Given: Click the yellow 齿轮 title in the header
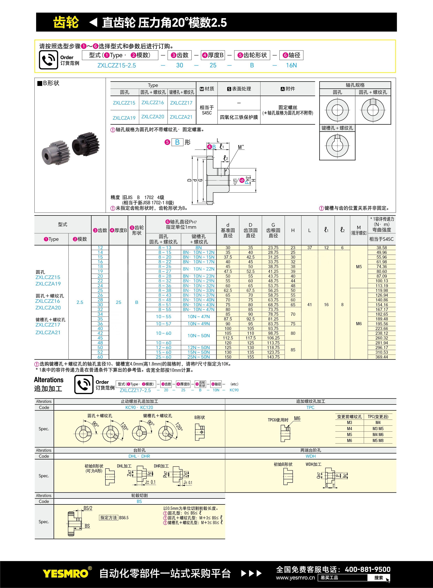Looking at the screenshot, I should coord(66,22).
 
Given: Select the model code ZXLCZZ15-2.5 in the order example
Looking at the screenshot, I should coord(117,65).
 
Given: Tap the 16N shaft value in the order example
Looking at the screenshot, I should coord(291,65).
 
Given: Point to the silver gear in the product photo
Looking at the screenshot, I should coord(56,153).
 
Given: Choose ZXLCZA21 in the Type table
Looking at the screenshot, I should coord(181,117).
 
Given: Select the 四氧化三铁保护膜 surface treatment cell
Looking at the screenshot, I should coord(239,117).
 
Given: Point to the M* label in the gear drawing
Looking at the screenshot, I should coord(241,147).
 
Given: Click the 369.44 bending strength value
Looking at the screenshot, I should coord(381,357).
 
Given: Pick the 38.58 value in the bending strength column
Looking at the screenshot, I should coord(381,248).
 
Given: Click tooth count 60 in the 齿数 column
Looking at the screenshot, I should coord(100,357).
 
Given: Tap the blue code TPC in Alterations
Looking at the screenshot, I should coord(310,407).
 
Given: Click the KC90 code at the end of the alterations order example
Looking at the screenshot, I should coord(234,390).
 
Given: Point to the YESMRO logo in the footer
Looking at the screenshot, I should coord(66,574).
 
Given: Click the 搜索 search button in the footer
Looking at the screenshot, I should coord(379,578).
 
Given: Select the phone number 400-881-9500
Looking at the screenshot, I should coord(368,569).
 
